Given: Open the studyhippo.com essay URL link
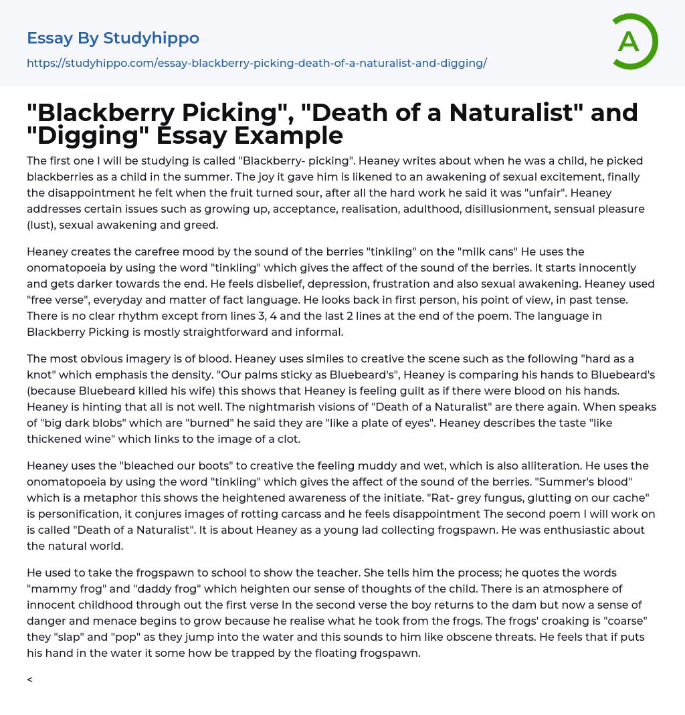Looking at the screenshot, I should tap(257, 64).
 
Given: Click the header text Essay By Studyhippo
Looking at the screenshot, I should tap(113, 38).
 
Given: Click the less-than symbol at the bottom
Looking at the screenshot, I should tap(29, 680).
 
